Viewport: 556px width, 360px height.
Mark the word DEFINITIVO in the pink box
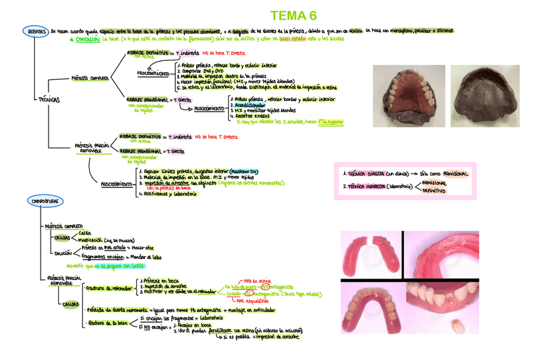coord(433,191)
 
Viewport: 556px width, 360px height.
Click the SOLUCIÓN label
coord(64,252)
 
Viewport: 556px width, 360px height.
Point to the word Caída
coord(85,233)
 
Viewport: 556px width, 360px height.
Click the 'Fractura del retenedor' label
coord(104,287)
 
